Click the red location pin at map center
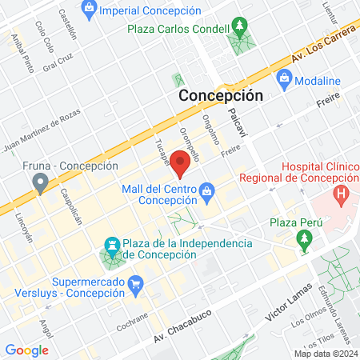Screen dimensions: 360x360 [x=180, y=165]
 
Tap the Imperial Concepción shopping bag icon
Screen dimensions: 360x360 [x=89, y=10]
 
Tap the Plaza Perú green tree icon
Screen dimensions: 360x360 [x=304, y=238]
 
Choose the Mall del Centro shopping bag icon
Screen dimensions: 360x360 [x=207, y=190]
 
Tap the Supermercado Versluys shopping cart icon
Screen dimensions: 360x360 [x=135, y=282]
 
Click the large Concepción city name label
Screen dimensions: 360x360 [x=220, y=94]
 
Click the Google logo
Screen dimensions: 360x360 [x=26, y=350]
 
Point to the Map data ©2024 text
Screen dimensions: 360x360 [x=325, y=353]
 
